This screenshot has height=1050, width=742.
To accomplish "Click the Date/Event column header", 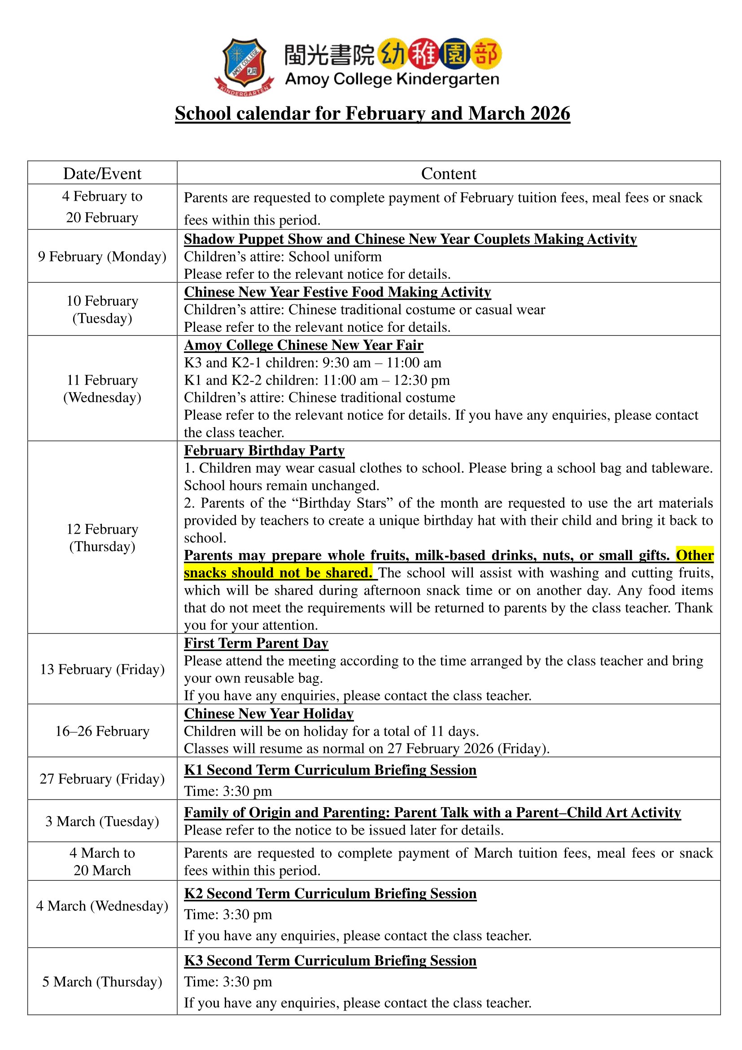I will (102, 174).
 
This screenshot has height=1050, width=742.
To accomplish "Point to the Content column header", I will (448, 174).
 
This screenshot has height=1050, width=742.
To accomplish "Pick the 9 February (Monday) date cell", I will (102, 257).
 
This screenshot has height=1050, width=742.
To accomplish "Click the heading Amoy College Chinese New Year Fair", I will (303, 345).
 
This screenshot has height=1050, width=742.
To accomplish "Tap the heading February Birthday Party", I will (264, 451).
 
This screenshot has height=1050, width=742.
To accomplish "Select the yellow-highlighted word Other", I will (694, 555).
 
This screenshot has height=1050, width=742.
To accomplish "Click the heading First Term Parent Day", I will (256, 643).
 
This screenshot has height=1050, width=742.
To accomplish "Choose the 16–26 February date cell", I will (102, 731).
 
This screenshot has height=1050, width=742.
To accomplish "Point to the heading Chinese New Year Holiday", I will (269, 714).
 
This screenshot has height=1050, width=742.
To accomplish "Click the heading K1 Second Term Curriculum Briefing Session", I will (330, 770).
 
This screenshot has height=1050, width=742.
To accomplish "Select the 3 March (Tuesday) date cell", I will (102, 822).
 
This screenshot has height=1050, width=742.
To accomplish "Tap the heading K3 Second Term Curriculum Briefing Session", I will (330, 961).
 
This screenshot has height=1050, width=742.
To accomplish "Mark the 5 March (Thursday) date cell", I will (102, 982).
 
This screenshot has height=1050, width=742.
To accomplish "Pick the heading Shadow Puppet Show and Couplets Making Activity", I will (410, 239).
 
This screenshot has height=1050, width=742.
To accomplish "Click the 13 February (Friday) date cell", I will (102, 669).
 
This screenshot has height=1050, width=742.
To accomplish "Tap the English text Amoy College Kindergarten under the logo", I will (392, 79).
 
